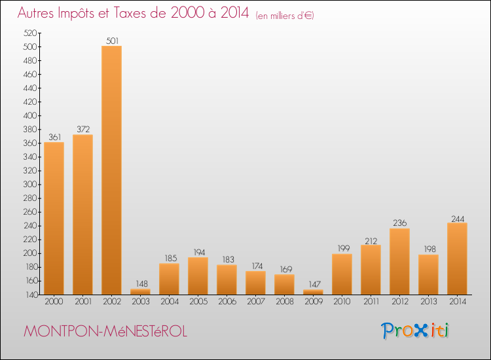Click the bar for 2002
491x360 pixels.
[x=111, y=170]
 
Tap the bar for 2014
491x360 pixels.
[x=457, y=259]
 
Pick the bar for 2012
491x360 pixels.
[x=399, y=261]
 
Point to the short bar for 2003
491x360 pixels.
[x=140, y=291]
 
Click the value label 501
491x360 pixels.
[x=111, y=41]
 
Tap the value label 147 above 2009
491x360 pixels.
[x=313, y=285]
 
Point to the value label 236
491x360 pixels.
[x=399, y=223]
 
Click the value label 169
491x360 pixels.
[x=284, y=270]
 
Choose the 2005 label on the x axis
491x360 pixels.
[x=198, y=302]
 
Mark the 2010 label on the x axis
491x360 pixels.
[x=342, y=302]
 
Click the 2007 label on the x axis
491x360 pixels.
[x=255, y=302]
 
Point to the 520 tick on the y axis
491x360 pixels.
[x=29, y=33]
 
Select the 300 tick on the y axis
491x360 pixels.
[x=29, y=185]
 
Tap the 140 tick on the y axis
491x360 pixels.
[x=29, y=295]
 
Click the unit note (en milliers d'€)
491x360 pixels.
[x=285, y=16]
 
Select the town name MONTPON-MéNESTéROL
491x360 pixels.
[x=105, y=332]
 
